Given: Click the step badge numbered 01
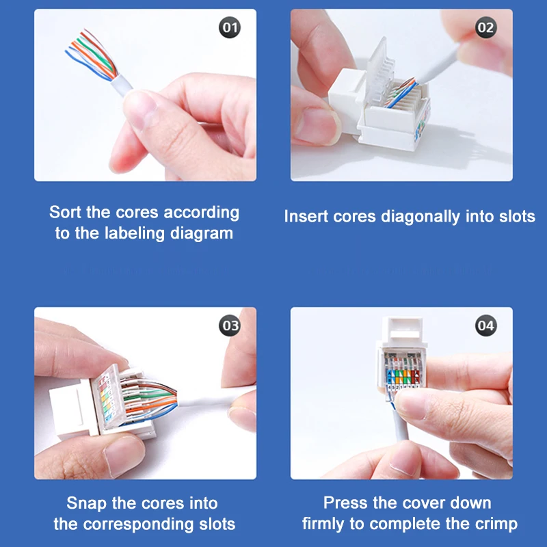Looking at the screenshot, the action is [230, 27].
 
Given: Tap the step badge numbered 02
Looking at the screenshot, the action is [486, 27].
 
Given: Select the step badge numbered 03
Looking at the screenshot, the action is [230, 325].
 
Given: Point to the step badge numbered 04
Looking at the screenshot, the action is [486, 325].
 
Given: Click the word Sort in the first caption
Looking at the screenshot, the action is [66, 212].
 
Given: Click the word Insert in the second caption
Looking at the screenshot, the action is [306, 216].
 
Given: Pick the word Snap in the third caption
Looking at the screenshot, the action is [87, 504].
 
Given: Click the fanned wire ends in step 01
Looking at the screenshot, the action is [92, 54].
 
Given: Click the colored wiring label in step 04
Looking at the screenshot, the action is [403, 377].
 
